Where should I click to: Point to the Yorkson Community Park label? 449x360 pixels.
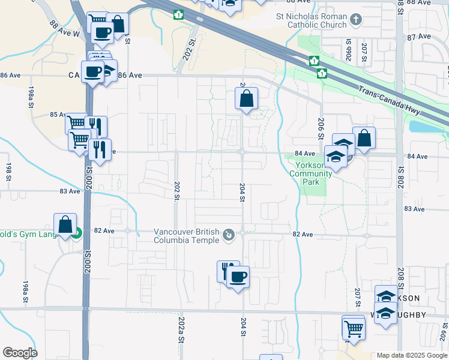pyautogui.click(x=310, y=173)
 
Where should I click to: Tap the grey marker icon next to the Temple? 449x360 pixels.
pyautogui.click(x=229, y=236)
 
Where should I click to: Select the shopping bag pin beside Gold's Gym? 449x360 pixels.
pyautogui.click(x=65, y=225)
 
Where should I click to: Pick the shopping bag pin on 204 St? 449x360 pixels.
pyautogui.click(x=246, y=98)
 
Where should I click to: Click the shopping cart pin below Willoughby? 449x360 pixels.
pyautogui.click(x=354, y=328)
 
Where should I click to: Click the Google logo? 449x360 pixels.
pyautogui.click(x=20, y=353)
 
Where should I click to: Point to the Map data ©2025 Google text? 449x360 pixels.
pyautogui.click(x=412, y=355)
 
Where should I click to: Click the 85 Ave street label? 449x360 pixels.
pyautogui.click(x=57, y=115)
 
